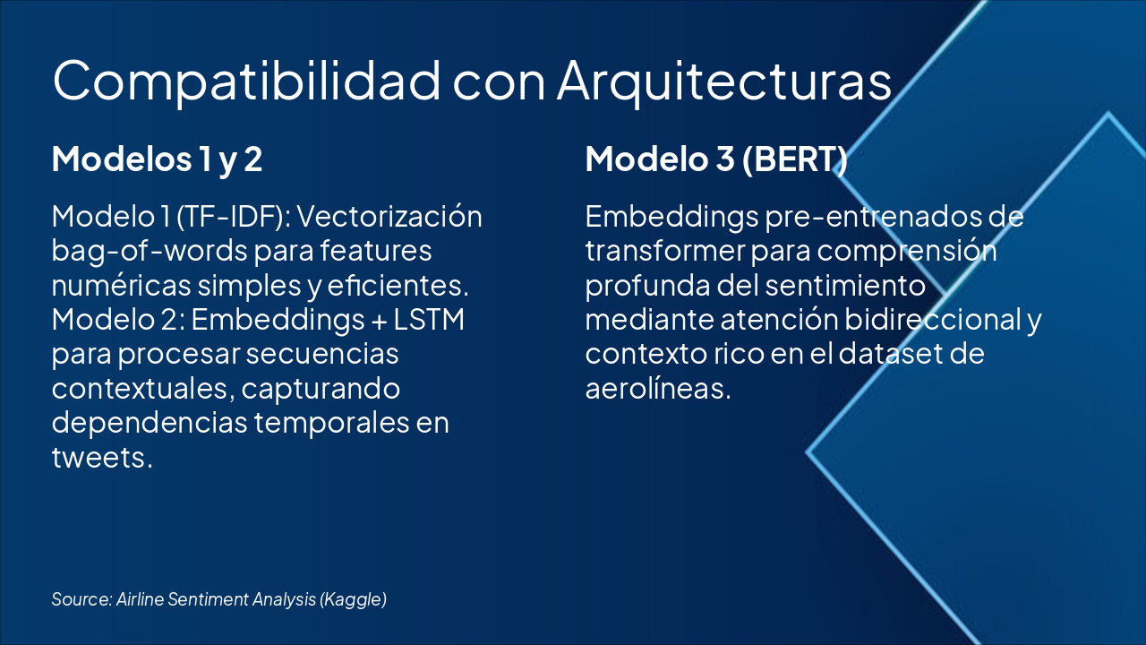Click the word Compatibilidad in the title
246,81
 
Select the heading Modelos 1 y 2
157,159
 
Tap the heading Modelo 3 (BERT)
716,159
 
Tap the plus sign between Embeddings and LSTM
363,321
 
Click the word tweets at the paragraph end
101,457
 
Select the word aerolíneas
658,389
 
